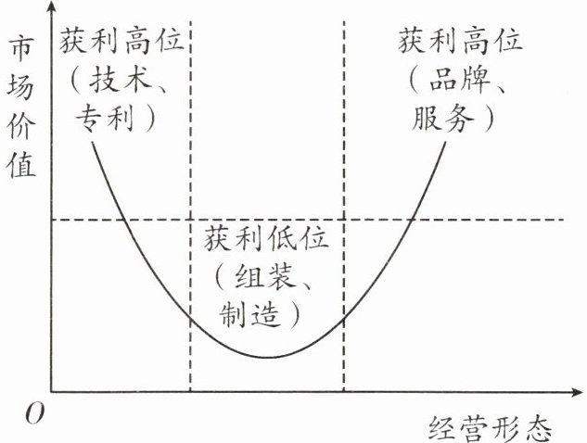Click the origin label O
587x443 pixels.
click(x=34, y=414)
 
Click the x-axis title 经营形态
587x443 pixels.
click(x=491, y=427)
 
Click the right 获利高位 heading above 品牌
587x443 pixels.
click(x=461, y=42)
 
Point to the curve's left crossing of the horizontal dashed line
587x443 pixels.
click(x=123, y=220)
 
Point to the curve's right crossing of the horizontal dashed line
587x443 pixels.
click(x=411, y=220)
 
